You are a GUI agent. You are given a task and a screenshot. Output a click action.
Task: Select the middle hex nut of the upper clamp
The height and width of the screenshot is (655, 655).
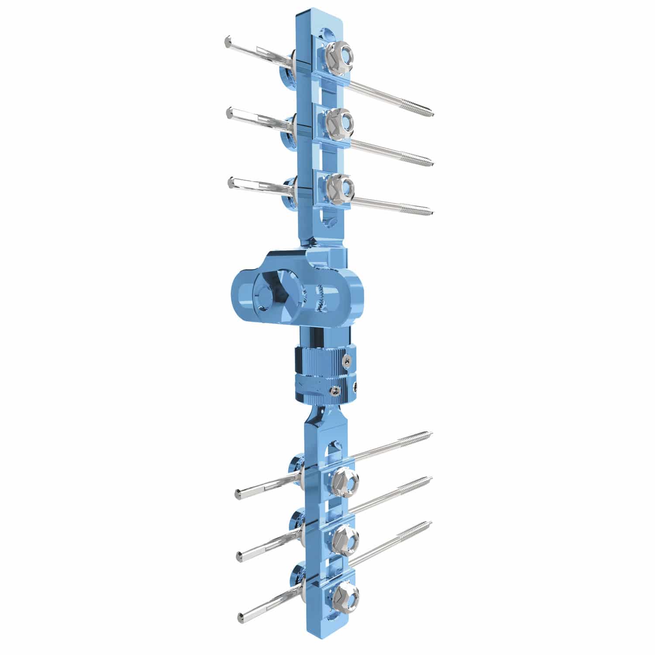(x=340, y=121)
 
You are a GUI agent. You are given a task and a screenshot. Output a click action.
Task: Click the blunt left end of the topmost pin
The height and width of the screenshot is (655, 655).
(x=226, y=41)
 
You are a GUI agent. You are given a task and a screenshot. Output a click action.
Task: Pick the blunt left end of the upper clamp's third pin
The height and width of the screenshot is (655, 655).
(x=231, y=182)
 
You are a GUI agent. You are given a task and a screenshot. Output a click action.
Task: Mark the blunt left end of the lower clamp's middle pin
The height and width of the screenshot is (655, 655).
(x=239, y=556)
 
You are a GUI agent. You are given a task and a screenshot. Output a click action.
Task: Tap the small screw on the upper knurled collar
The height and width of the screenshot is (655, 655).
(x=346, y=360)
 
